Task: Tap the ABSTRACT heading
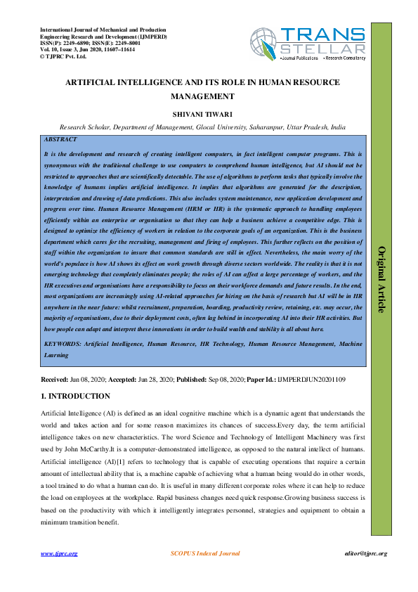pos(60,140)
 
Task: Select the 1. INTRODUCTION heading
pos(75,397)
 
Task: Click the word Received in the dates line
pos(55,380)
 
